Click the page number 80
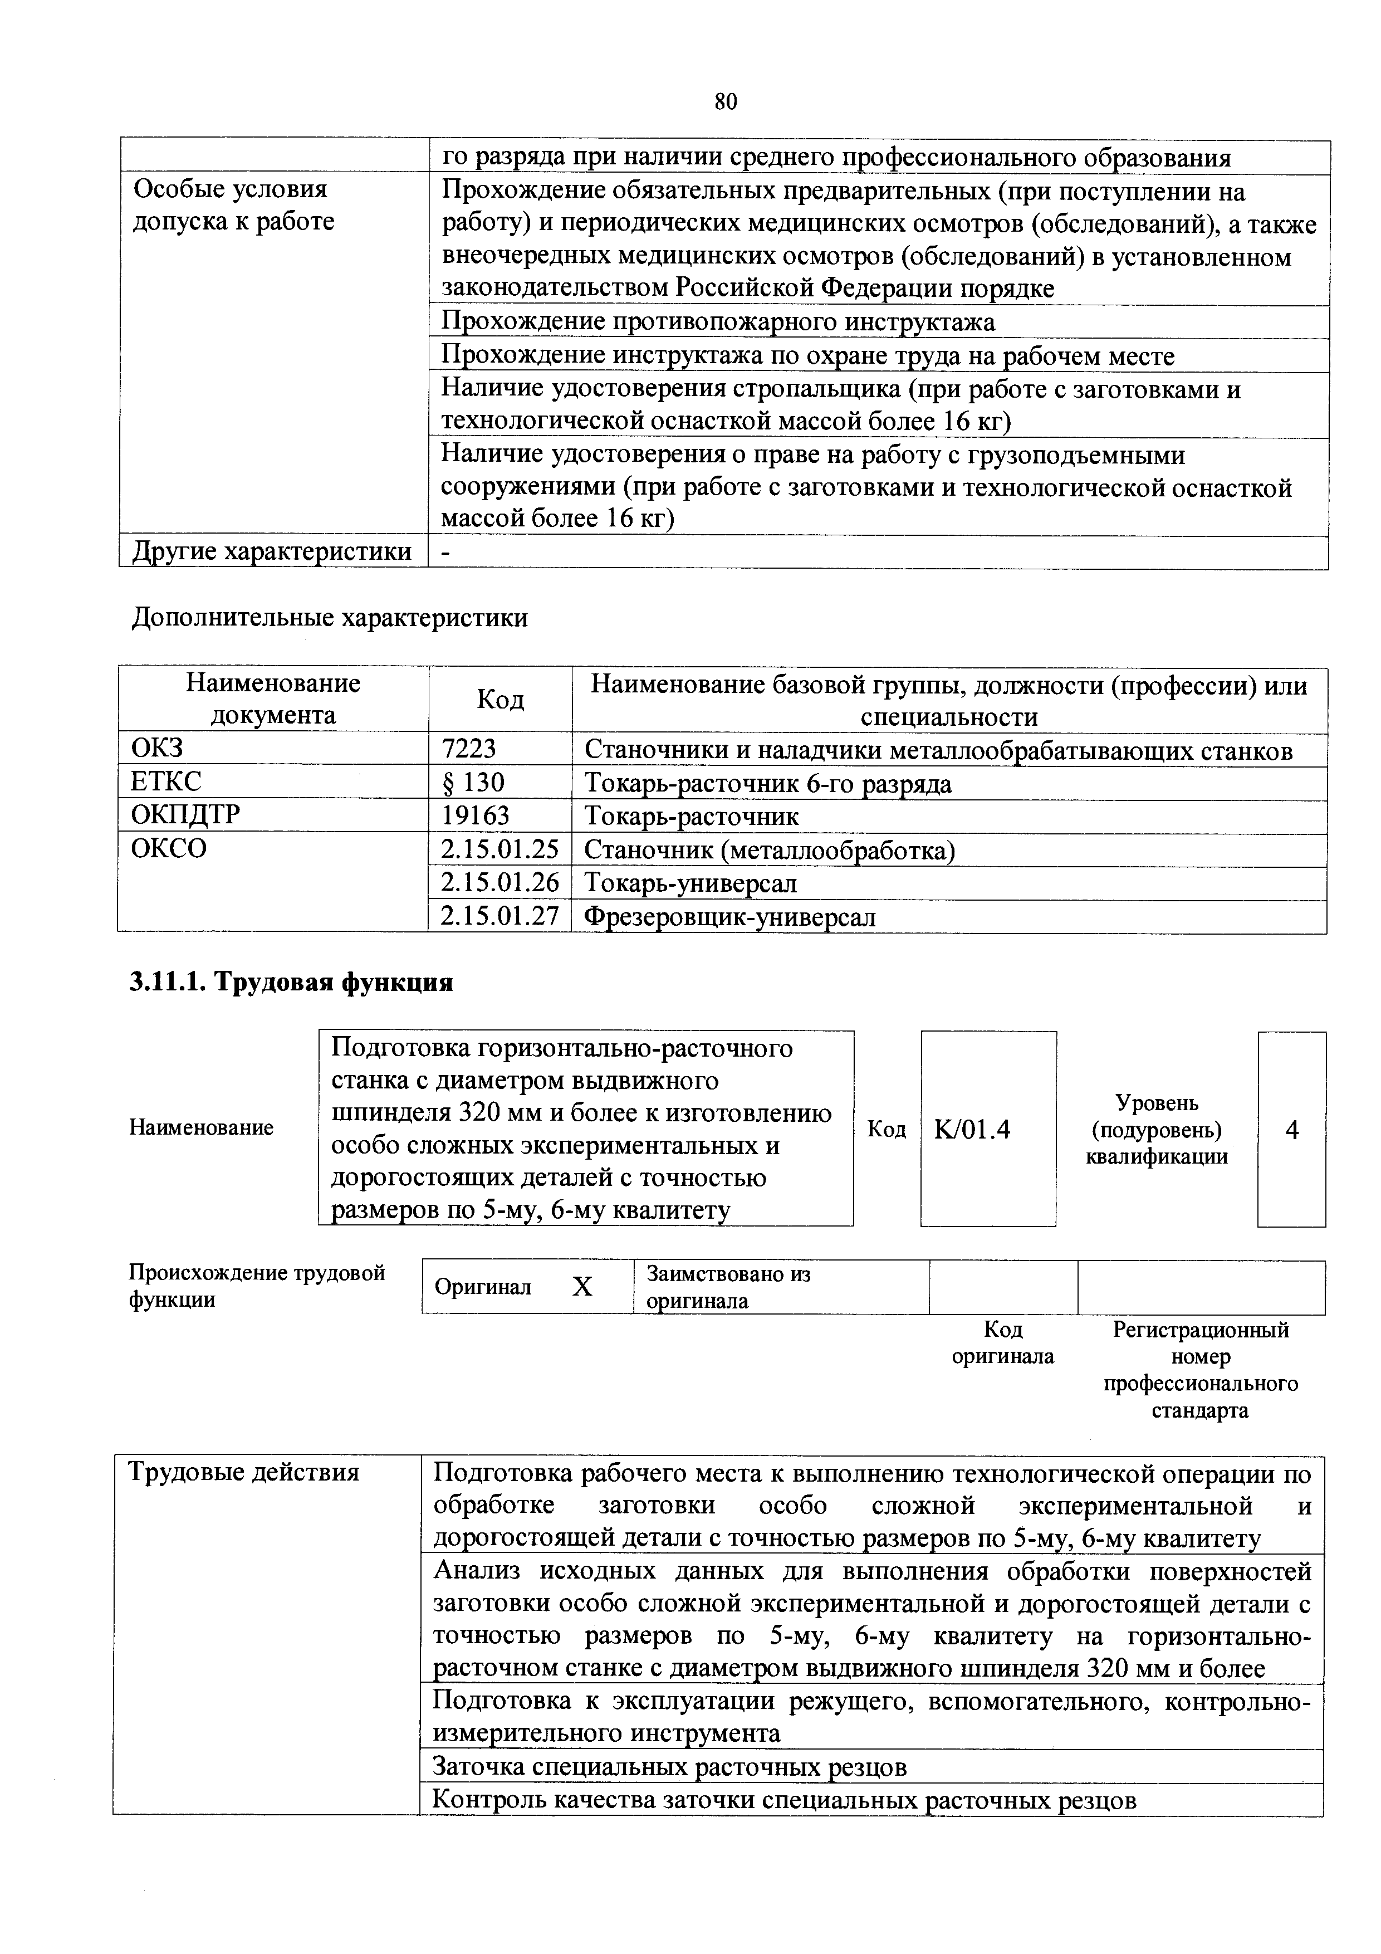tap(725, 102)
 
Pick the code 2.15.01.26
tap(499, 882)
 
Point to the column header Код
tap(499, 700)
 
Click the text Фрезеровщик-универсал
tap(729, 917)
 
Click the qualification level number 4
tap(1292, 1129)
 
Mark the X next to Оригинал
tap(582, 1287)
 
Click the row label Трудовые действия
tap(243, 1472)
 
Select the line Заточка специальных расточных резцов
tap(670, 1767)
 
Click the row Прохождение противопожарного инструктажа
tap(717, 322)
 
